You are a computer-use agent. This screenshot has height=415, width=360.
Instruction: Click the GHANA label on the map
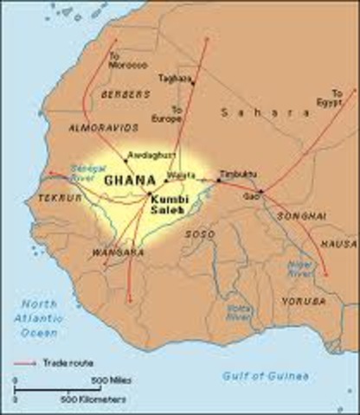125,181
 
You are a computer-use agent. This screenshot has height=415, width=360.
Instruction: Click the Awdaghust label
145,156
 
